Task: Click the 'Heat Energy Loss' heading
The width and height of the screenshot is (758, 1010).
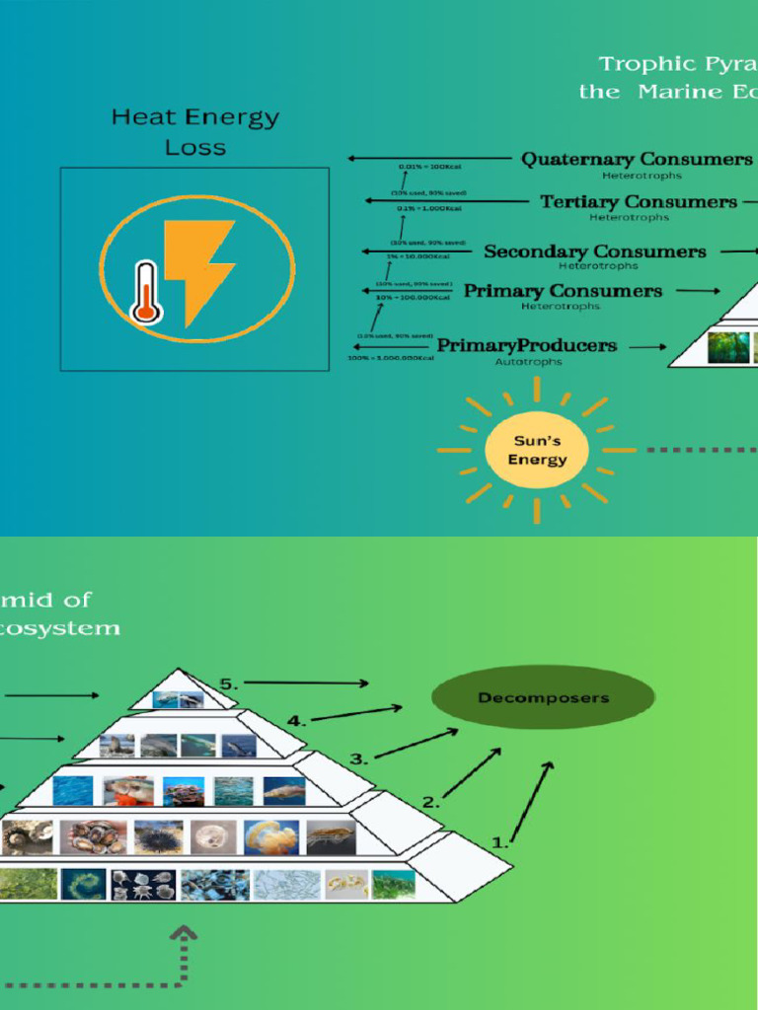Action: pos(195,132)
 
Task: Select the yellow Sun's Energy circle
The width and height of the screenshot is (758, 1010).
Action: pos(538,451)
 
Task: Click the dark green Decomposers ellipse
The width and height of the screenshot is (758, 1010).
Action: pos(543,698)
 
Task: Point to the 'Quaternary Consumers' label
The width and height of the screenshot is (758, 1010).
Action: pos(636,159)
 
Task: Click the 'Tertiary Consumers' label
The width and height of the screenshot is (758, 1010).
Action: pos(638,202)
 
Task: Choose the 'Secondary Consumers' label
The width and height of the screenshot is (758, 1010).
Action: pos(594,252)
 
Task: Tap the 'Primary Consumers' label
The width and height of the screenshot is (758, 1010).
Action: pos(563,291)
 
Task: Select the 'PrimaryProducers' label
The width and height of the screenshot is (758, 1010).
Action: pos(527,345)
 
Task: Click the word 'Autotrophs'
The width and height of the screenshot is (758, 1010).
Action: pos(528,362)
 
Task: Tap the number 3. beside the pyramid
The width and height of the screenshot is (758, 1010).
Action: pos(359,759)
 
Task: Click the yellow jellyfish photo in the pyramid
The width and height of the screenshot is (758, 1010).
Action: pos(270,837)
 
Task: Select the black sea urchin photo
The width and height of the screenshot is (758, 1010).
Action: pos(158,837)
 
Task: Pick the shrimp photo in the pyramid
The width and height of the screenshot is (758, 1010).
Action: pos(331,837)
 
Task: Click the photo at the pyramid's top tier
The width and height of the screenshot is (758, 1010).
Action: pos(178,699)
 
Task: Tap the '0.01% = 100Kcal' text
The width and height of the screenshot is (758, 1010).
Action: pos(424,168)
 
